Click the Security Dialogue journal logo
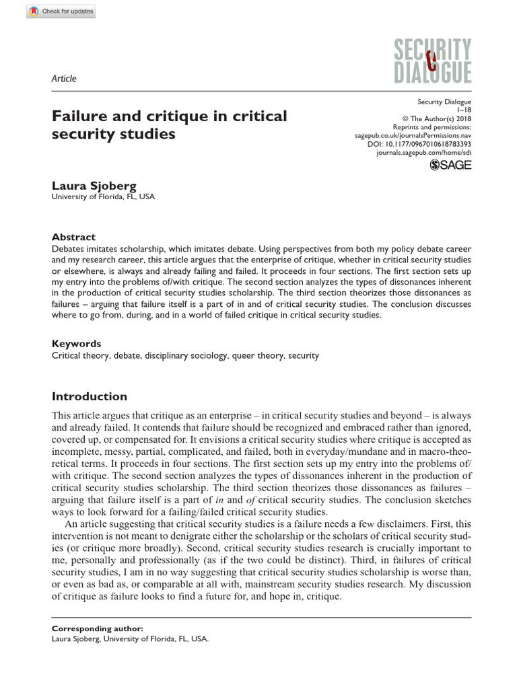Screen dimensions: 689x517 (434, 61)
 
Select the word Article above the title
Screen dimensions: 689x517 (64, 79)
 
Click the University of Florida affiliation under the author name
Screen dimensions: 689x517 (103, 197)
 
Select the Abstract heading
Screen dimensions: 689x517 (74, 237)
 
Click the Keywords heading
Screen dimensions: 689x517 (77, 343)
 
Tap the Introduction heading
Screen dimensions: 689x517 (90, 396)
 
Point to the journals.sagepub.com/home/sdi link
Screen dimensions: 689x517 (424, 153)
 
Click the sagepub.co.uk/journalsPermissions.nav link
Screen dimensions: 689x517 (413, 135)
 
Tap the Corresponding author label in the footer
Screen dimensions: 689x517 (98, 628)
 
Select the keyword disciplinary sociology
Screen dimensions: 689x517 (178, 355)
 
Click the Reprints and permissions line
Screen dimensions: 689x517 (432, 126)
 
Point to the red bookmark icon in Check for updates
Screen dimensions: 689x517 (34, 12)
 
